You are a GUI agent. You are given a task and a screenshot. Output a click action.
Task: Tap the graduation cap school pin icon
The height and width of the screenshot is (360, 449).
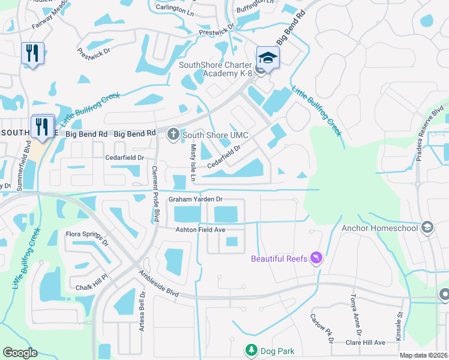[x=268, y=58]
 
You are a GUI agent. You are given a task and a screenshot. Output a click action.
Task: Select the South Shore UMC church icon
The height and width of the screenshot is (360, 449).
[x=173, y=134]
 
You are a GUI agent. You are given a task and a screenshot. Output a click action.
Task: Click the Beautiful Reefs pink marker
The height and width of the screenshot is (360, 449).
[x=316, y=258]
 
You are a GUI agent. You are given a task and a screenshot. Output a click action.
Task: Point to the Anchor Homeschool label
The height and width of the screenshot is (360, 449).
[x=380, y=228]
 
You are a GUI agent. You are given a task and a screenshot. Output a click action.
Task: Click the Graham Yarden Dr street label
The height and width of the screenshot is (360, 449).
[x=195, y=199]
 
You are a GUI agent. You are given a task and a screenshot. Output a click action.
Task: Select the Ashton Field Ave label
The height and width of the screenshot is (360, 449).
[x=200, y=230]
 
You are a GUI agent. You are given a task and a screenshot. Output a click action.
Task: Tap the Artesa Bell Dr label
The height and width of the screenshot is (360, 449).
[x=143, y=310]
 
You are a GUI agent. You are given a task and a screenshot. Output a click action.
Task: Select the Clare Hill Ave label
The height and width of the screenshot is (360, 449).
[x=366, y=342]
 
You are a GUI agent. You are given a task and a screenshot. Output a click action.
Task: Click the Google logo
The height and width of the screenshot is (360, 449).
[x=20, y=353]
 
